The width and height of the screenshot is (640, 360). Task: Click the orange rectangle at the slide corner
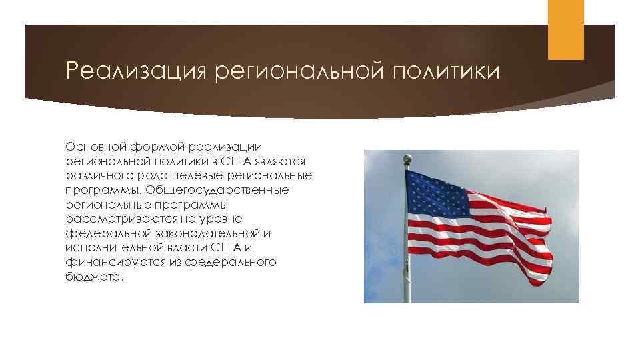click(565, 29)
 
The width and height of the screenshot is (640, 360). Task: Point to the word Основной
click(93, 146)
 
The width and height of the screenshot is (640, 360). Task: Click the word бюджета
click(93, 277)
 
